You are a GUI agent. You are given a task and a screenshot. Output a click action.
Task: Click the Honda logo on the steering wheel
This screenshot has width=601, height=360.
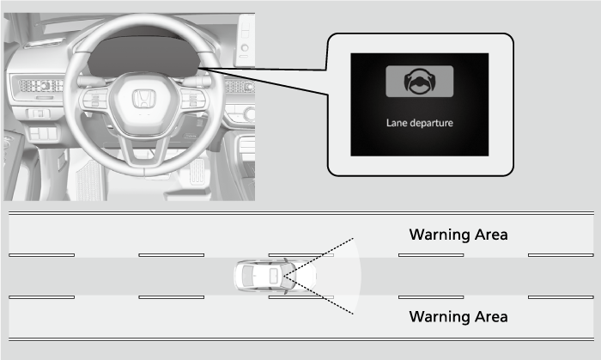point(144,99)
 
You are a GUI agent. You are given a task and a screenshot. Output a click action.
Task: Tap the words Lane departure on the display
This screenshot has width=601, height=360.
point(420,123)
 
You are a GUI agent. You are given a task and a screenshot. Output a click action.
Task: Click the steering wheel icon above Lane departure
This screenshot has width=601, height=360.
point(420,82)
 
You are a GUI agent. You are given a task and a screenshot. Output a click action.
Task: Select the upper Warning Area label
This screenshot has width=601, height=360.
point(458,235)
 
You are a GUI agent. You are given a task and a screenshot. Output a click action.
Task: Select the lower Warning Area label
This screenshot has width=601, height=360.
point(458,317)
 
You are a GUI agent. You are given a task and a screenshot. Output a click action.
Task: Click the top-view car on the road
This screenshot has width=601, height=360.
point(276,276)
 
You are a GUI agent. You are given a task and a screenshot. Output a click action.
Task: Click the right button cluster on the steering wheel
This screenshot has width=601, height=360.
point(193,100)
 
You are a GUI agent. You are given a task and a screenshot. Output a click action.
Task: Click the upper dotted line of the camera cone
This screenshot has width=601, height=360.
point(319,257)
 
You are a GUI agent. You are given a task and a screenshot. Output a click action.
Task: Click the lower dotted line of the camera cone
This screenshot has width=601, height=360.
point(319,295)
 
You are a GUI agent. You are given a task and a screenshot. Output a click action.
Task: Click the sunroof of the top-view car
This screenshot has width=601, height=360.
point(274,276)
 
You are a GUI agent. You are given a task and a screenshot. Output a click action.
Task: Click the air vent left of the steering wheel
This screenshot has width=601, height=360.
point(40,85)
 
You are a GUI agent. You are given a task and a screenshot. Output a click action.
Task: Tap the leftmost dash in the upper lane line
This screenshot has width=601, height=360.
point(42,255)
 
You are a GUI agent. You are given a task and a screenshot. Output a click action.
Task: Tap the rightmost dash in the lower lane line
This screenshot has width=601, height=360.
point(561,297)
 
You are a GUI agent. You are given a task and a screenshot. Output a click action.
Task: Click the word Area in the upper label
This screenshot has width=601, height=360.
point(491,235)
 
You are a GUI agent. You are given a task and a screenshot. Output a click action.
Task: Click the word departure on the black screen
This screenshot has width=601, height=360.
point(431,124)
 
